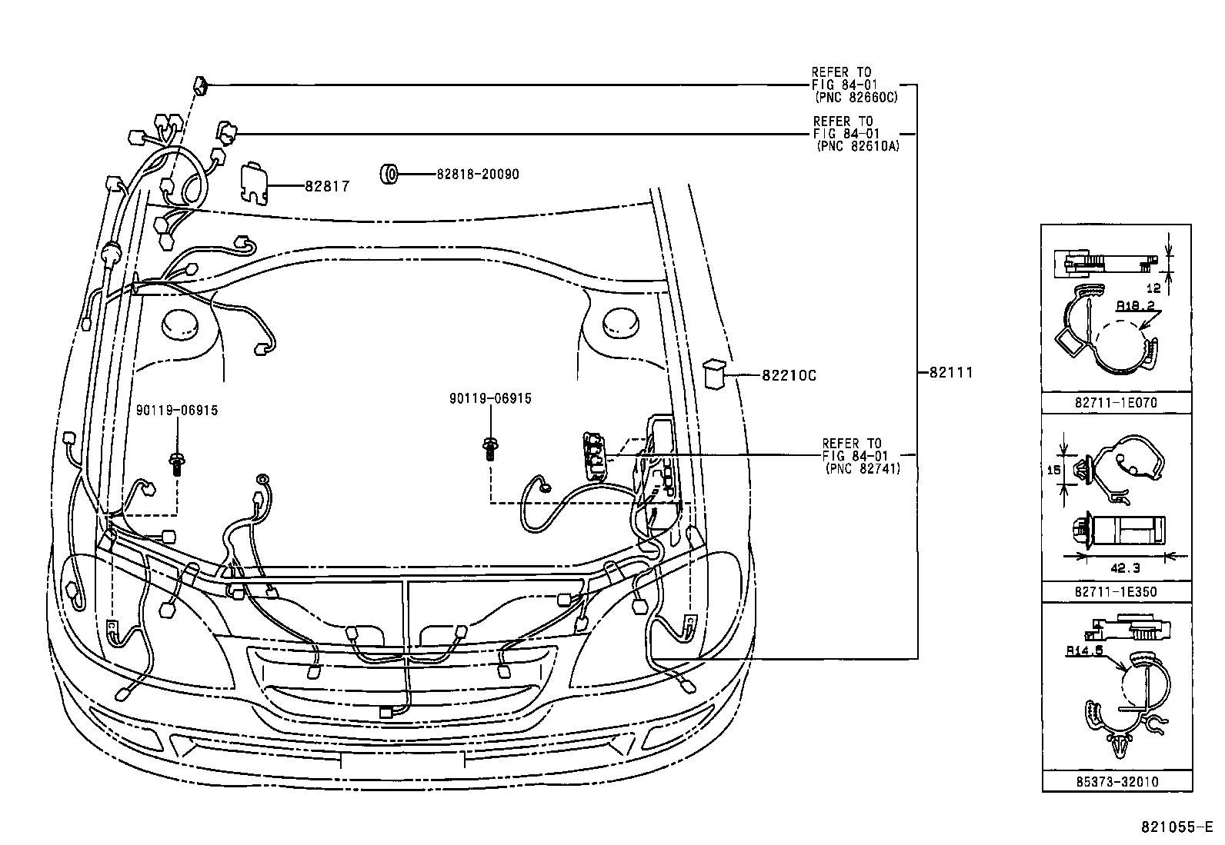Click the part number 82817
coord(327,186)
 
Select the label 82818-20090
coord(477,175)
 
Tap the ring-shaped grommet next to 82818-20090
coord(390,175)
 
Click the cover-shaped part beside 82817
coord(255,183)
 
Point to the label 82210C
coord(789,376)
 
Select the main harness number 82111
coord(951,372)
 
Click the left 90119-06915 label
coord(177,411)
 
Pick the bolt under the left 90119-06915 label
coord(177,464)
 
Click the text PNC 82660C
coord(856,98)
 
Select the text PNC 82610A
coord(857,146)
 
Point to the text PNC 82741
coord(862,467)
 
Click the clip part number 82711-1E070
coord(1117,402)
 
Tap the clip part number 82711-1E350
coord(1117,591)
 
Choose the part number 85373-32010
coord(1117,781)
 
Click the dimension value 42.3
coord(1126,568)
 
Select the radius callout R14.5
coord(1084,650)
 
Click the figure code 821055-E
coord(1177,827)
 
